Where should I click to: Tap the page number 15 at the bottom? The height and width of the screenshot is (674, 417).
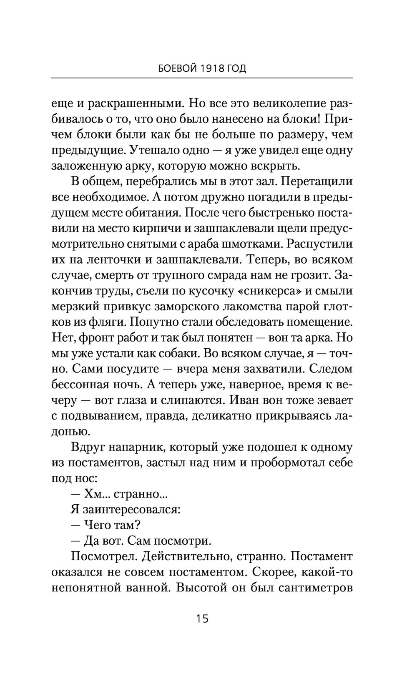(x=202, y=618)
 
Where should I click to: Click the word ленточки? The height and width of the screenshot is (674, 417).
(x=113, y=260)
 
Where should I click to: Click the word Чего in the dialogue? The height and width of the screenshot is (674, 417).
(x=98, y=525)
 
